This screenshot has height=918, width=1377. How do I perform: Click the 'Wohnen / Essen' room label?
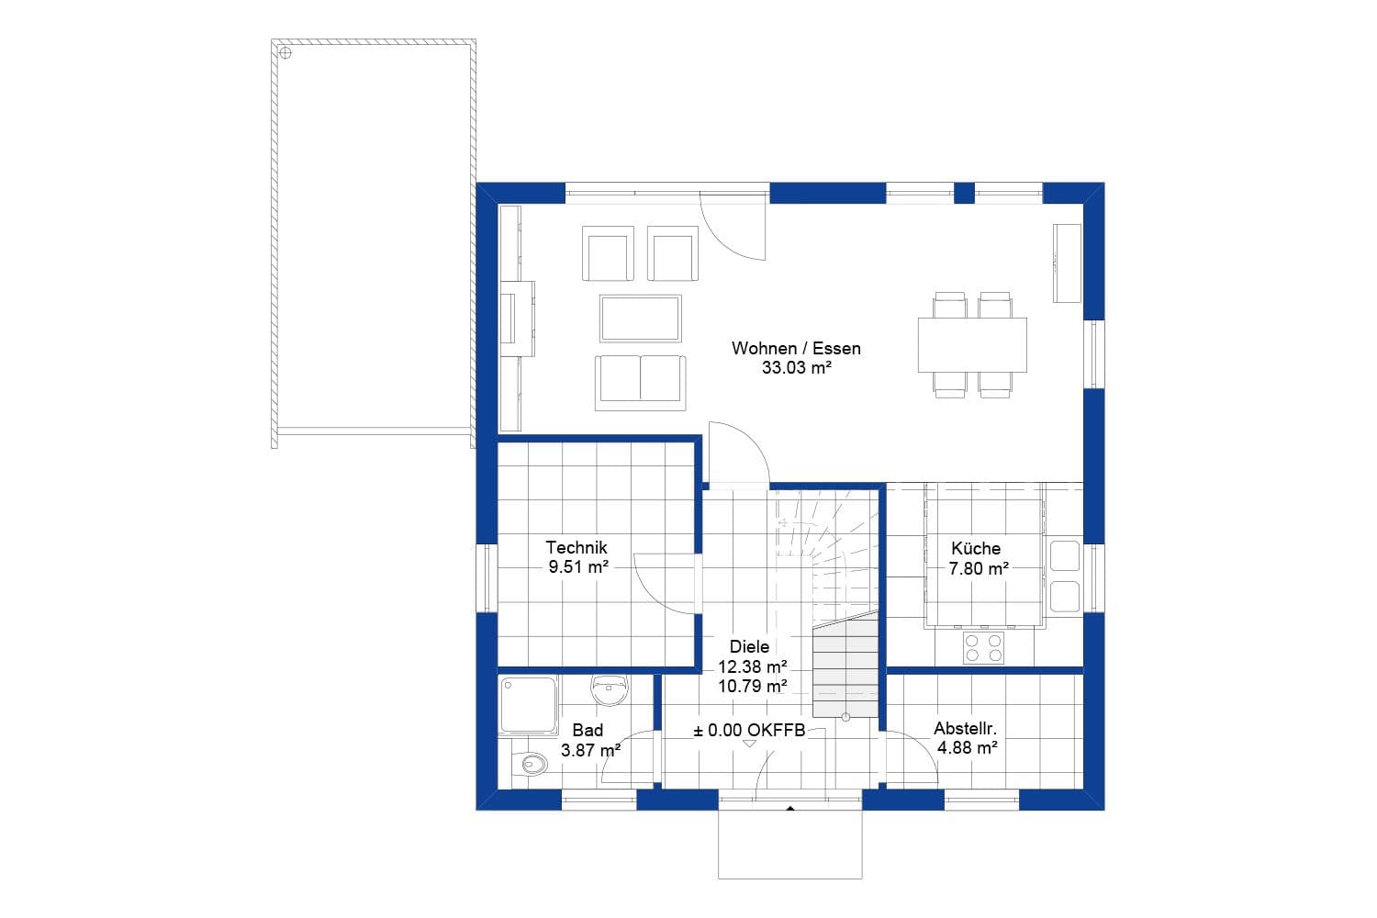point(796,348)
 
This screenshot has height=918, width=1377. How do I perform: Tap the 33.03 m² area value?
point(796,368)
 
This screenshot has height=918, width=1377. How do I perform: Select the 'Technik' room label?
point(577,547)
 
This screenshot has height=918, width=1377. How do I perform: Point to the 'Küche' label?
point(976,548)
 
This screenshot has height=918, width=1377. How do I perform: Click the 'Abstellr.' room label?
point(966,729)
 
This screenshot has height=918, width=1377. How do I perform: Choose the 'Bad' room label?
point(588,730)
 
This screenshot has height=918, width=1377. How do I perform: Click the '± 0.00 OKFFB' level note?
point(749,730)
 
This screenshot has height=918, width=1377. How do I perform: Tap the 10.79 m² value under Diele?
point(752,686)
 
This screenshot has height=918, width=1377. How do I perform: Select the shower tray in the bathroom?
point(528,704)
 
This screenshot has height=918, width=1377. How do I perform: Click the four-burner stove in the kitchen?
point(983,647)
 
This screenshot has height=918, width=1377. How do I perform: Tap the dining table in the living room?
point(972,344)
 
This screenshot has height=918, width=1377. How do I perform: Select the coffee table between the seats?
point(641,318)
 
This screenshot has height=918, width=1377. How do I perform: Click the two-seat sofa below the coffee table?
point(640,382)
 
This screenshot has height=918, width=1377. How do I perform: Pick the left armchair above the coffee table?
point(608,253)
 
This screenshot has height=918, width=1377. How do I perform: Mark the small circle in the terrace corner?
point(285,53)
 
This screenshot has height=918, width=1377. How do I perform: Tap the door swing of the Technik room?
point(666,583)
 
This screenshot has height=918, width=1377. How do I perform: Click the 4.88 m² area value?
point(967,748)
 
